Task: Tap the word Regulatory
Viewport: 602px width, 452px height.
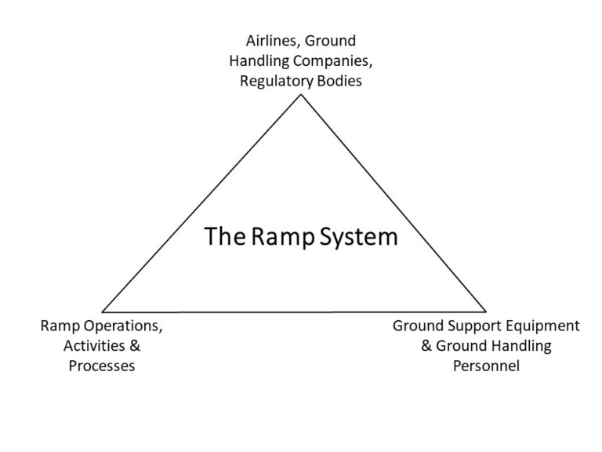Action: [273, 81]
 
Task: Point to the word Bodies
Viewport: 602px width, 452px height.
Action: [338, 81]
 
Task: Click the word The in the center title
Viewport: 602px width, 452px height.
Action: [222, 237]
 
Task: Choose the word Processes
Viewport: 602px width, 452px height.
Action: [102, 366]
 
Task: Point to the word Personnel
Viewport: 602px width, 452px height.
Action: [486, 366]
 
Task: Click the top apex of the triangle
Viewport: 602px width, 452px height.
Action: [300, 96]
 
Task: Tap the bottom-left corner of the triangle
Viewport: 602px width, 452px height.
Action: [103, 312]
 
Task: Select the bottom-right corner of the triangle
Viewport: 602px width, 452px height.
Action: [487, 312]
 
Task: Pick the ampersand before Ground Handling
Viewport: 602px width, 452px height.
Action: [427, 346]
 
